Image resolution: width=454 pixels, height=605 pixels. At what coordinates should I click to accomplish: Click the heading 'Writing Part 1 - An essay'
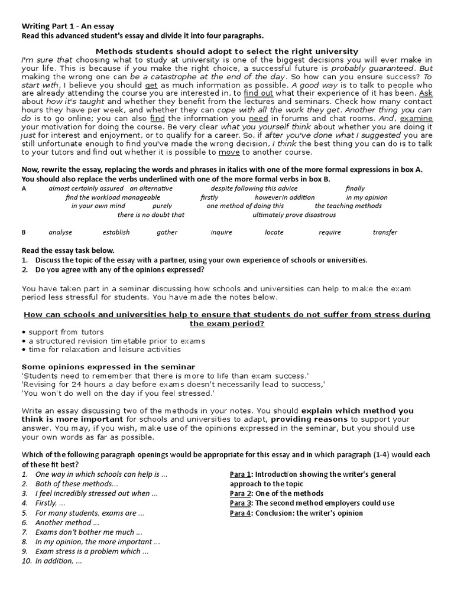click(x=68, y=26)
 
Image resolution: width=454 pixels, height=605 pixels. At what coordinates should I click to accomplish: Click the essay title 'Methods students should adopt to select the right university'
click(x=227, y=51)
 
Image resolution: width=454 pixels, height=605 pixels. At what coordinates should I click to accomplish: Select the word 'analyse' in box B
click(x=60, y=232)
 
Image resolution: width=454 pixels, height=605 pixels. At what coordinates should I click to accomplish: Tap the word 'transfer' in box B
click(x=385, y=232)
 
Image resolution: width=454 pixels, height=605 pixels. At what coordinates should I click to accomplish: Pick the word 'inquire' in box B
click(x=221, y=232)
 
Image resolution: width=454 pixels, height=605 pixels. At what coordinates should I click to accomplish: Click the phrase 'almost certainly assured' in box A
click(x=82, y=188)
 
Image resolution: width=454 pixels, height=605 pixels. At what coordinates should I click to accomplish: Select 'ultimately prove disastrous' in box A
click(x=294, y=215)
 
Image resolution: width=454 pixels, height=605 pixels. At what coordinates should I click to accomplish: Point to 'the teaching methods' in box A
click(x=348, y=206)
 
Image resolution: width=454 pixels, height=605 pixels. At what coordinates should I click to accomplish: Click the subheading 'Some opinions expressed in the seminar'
click(x=108, y=367)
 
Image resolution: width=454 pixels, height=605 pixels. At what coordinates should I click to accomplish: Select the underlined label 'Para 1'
click(x=241, y=474)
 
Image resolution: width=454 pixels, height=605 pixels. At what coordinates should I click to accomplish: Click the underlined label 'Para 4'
click(x=241, y=513)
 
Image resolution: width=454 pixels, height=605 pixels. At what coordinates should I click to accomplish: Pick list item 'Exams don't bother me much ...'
click(x=89, y=532)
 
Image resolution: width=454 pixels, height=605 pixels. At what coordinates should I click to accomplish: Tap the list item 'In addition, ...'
click(x=59, y=561)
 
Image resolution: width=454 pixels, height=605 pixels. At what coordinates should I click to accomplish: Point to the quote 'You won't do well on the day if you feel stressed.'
click(x=118, y=393)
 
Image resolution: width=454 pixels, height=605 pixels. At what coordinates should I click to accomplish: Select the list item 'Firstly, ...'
click(x=50, y=503)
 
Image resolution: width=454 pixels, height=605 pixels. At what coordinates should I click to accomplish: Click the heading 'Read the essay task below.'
click(x=68, y=251)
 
